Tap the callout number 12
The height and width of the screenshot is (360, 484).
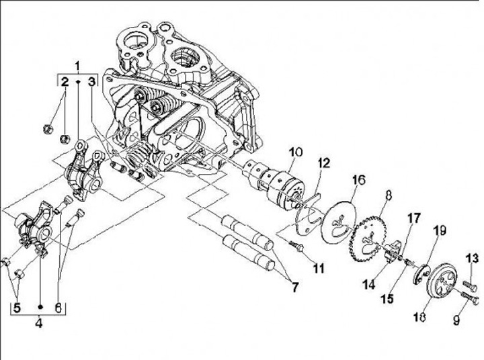click(x=324, y=163)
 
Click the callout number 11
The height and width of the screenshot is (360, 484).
click(x=318, y=268)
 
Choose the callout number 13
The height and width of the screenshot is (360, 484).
click(x=471, y=257)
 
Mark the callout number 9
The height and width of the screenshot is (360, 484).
click(x=456, y=321)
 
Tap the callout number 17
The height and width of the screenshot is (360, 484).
click(x=413, y=218)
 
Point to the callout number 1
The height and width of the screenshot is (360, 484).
click(x=77, y=65)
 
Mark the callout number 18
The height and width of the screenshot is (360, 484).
click(x=422, y=316)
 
